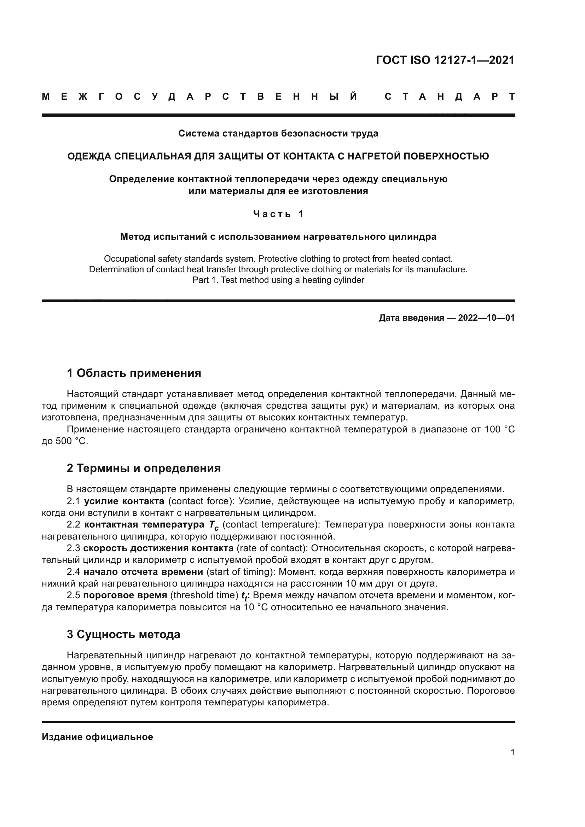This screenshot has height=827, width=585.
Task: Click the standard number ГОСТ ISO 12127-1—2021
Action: (445, 60)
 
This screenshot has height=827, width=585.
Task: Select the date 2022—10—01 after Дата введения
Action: (486, 318)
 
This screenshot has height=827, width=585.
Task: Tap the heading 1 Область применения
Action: (134, 373)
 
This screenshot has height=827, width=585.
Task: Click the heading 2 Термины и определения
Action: (144, 468)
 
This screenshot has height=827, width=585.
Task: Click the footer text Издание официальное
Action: (97, 737)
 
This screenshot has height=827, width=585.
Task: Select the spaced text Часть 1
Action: (278, 214)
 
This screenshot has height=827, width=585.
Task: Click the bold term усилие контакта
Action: (124, 501)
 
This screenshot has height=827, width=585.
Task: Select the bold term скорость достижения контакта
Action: (158, 548)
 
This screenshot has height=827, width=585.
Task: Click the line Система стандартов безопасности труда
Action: (278, 133)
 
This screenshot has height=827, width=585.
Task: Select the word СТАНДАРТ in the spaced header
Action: (450, 97)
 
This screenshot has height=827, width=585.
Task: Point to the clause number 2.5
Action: (74, 595)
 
